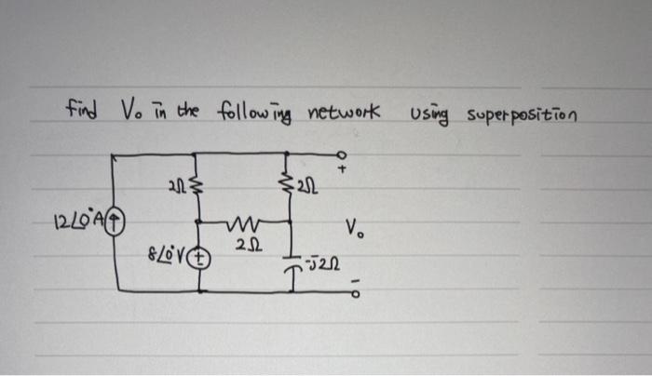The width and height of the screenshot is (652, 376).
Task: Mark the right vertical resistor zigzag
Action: pos(292,188)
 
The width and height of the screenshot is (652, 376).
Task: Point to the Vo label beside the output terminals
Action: pos(355,226)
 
